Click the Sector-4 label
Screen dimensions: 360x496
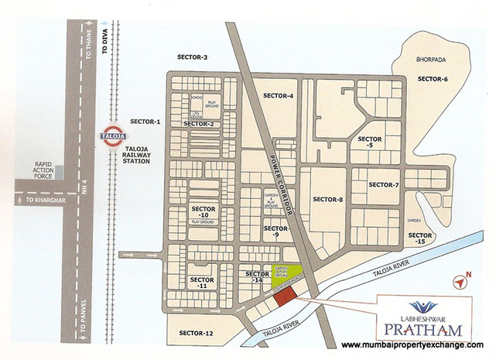(x=278, y=95)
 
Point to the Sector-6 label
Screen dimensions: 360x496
(x=433, y=79)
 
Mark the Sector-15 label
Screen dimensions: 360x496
(x=420, y=238)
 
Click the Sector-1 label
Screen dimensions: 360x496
(x=145, y=122)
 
